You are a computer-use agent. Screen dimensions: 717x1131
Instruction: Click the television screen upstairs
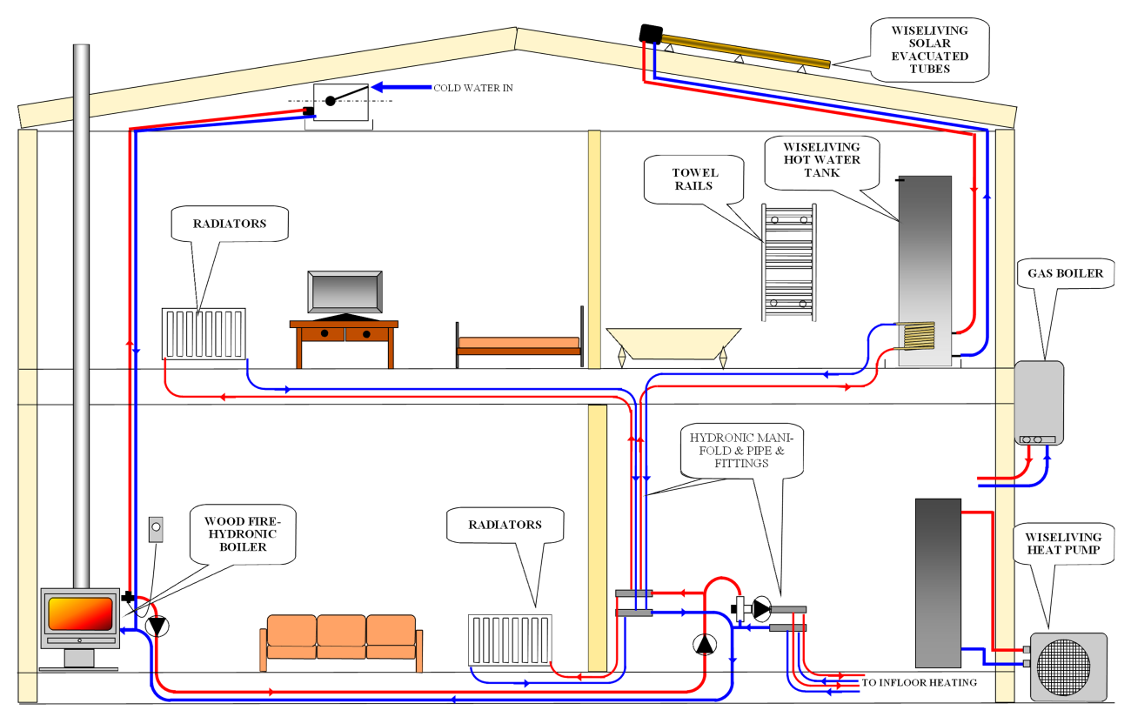click(x=345, y=291)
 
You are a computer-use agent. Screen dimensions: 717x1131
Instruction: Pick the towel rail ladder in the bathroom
click(x=788, y=262)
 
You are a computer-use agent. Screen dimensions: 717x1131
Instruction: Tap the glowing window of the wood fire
click(x=80, y=614)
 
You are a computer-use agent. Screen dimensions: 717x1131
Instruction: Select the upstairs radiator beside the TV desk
click(x=204, y=332)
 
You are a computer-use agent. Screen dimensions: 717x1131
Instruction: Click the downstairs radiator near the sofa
click(x=509, y=640)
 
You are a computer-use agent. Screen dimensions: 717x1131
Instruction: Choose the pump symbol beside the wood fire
click(x=157, y=626)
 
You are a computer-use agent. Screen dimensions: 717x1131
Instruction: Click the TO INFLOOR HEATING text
click(x=919, y=683)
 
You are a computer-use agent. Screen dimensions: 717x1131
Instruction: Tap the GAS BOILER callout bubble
click(x=1065, y=273)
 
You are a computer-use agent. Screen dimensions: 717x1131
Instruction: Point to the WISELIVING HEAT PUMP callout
click(x=1062, y=545)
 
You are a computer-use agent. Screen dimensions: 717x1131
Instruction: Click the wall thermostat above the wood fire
click(x=155, y=529)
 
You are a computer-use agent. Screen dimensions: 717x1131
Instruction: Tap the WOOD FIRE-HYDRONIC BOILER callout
click(x=241, y=534)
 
